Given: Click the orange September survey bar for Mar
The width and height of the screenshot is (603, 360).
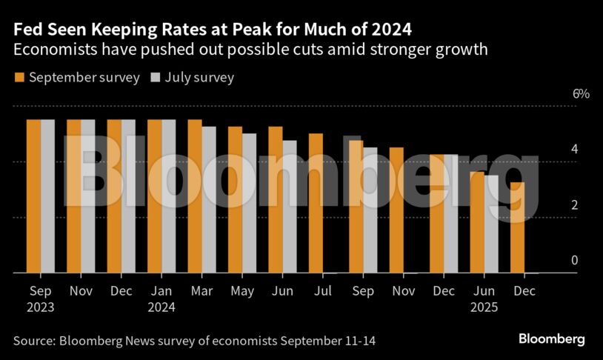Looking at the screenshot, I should tap(195, 196).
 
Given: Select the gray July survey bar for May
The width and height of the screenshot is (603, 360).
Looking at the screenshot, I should tap(249, 203).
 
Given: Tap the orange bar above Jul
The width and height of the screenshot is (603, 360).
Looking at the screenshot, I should tap(316, 203).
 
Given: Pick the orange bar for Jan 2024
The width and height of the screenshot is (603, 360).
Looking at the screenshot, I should tap(155, 196).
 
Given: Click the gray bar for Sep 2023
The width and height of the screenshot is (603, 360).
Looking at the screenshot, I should tap(48, 196).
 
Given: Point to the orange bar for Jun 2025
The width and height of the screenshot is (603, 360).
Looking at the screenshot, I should tap(477, 222).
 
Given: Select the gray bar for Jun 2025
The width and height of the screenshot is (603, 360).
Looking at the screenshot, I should tap(491, 224).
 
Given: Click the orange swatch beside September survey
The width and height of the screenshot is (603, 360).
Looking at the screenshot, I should tap(19, 78).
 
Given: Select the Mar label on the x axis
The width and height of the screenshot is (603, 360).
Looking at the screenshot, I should tap(201, 291).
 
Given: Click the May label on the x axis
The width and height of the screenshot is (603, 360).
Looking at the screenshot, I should tap(241, 291).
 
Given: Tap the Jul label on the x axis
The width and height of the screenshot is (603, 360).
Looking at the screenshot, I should tap(322, 291).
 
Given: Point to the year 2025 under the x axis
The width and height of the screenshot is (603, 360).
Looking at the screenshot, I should tap(483, 307).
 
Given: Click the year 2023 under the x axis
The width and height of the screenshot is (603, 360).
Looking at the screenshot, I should tap(41, 307).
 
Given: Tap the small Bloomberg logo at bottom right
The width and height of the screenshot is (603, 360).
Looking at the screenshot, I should tap(551, 339).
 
